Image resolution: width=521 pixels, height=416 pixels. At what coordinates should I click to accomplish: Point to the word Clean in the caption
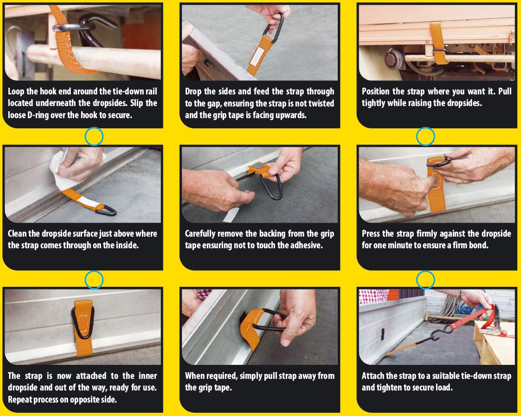click(17, 234)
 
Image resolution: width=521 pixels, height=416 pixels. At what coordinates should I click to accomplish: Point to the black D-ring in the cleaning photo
click(106, 210)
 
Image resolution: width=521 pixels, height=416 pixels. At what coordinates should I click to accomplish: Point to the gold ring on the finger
click(463, 181)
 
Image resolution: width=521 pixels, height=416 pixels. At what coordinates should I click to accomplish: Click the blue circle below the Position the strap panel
click(425, 137)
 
